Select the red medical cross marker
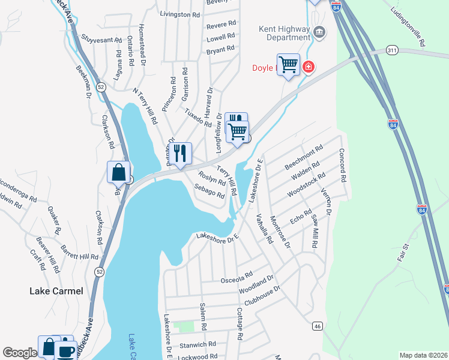pos(309,66)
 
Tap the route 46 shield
pos(316,326)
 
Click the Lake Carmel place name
pos(56,291)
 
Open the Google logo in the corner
pos(19,353)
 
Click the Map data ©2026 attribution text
pos(423,355)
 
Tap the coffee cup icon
pos(65,350)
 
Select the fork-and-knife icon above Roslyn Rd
pos(179,154)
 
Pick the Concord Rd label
pos(342,166)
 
